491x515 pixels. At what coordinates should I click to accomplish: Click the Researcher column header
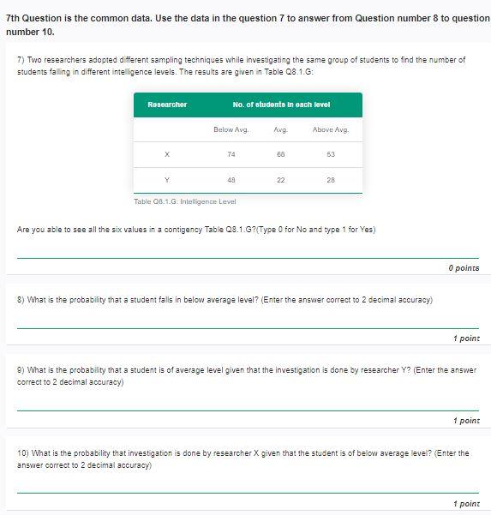(167, 105)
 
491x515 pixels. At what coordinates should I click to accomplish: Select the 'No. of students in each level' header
(281, 105)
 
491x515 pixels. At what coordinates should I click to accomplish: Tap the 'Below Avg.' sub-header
(231, 129)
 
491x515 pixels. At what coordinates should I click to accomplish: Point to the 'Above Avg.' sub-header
(330, 129)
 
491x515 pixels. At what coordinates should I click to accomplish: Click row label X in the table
(167, 154)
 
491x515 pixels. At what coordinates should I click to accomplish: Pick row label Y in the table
(167, 179)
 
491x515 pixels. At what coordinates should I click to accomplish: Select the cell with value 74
(231, 154)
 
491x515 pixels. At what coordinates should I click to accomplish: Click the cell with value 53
(330, 154)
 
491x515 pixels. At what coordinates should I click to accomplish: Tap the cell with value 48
(231, 179)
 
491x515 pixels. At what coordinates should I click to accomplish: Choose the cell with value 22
(280, 179)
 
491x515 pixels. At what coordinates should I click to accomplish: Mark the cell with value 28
(330, 179)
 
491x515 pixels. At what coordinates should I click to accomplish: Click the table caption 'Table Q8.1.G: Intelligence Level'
(185, 201)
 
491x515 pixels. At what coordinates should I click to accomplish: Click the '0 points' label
(464, 268)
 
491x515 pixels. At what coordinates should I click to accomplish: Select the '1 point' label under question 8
(466, 338)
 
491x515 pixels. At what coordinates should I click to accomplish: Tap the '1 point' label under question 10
(466, 504)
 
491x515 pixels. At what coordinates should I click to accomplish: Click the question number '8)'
(21, 300)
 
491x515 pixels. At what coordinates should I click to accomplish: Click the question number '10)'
(23, 452)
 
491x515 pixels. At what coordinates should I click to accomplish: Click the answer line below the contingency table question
(248, 255)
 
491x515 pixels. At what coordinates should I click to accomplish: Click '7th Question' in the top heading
(33, 18)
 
